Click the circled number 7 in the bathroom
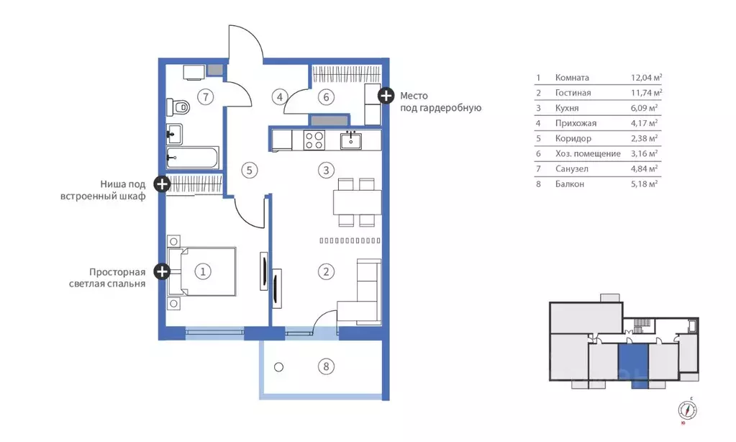[205, 96]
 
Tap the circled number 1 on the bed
[203, 271]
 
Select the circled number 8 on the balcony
[326, 366]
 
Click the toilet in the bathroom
[178, 107]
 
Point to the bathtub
[192, 158]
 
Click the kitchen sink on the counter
[350, 140]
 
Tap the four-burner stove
[314, 140]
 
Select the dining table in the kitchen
[357, 202]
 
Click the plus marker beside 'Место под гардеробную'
[386, 96]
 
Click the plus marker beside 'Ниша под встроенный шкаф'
[162, 184]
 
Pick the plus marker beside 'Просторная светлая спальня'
[162, 271]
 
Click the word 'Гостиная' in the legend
[573, 93]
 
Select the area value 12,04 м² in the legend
[646, 78]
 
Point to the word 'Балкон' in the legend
[569, 184]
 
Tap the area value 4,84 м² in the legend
[644, 168]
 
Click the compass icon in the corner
[687, 410]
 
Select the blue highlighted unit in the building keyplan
[632, 363]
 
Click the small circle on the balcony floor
[279, 367]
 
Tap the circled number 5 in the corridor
[249, 170]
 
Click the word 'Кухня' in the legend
[566, 108]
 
